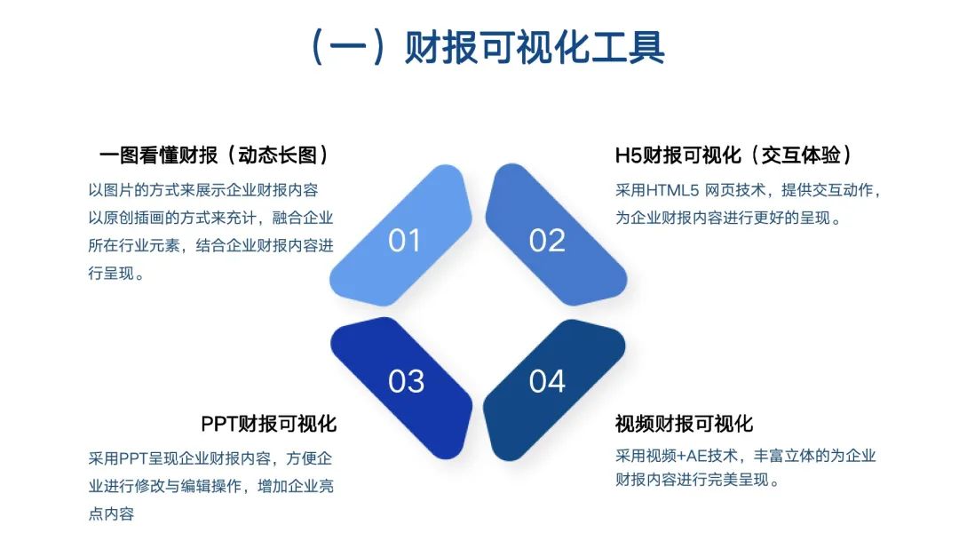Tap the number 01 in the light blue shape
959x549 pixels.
[404, 240]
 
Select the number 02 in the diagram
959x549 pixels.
[547, 240]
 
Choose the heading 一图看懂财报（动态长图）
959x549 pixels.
[215, 155]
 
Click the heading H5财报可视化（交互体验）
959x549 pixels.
[734, 155]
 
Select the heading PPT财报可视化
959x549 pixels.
[268, 424]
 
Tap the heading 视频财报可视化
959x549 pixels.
[684, 424]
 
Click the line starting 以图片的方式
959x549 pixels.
[203, 189]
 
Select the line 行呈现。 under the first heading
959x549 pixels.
[116, 274]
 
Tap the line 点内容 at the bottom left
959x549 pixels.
[111, 513]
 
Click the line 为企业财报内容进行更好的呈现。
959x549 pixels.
[728, 217]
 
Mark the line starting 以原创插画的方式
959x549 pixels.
[210, 218]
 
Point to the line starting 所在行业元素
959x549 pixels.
[210, 245]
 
